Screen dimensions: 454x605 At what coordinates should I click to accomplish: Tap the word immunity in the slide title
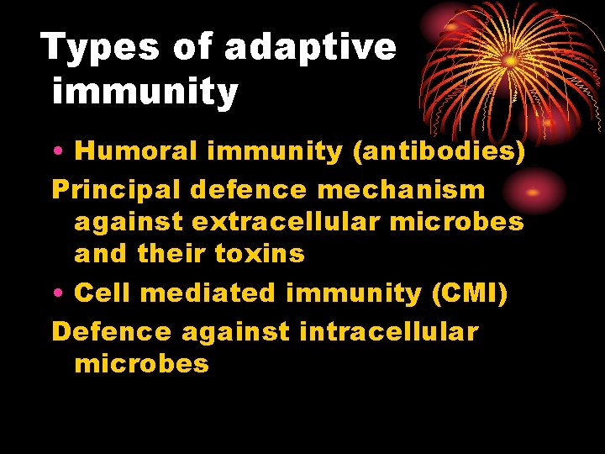pyautogui.click(x=145, y=92)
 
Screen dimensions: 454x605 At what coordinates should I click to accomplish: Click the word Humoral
pyautogui.click(x=136, y=151)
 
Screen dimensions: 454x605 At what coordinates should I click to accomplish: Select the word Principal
pyautogui.click(x=116, y=190)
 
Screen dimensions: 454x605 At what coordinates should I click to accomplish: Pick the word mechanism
pyautogui.click(x=413, y=190)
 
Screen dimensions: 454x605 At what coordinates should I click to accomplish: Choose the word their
pyautogui.click(x=173, y=254)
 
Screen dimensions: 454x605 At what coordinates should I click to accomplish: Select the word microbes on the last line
pyautogui.click(x=141, y=364)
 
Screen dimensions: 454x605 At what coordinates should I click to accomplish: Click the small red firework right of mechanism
pyautogui.click(x=531, y=191)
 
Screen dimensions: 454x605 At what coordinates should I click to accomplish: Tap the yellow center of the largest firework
pyautogui.click(x=510, y=61)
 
